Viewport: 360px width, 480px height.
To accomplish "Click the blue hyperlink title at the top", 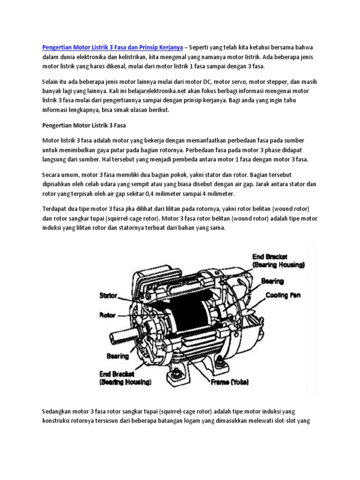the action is pyautogui.click(x=112, y=47).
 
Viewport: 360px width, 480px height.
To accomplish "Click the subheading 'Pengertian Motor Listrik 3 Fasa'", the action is pyautogui.click(x=84, y=126).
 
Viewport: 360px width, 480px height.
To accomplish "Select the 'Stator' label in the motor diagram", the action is pyautogui.click(x=108, y=296).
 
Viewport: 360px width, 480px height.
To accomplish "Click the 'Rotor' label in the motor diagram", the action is pyautogui.click(x=107, y=315).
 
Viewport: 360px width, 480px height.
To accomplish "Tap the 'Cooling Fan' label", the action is pyautogui.click(x=283, y=295).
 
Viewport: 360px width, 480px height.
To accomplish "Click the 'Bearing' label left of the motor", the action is pyautogui.click(x=117, y=356).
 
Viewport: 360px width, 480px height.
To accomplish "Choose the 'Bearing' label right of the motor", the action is pyautogui.click(x=272, y=281).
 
